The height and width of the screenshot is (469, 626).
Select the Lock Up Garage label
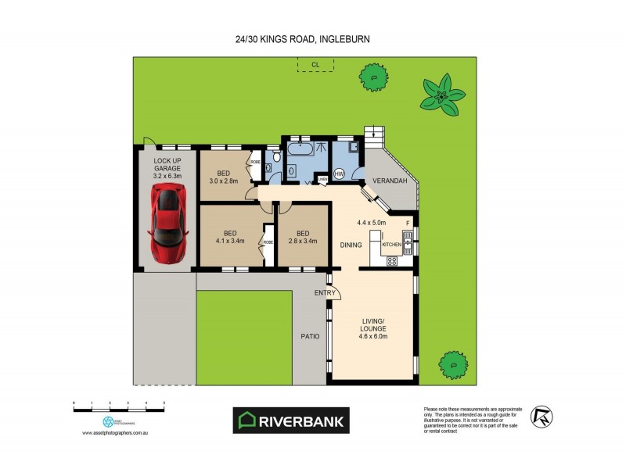[x=166, y=170]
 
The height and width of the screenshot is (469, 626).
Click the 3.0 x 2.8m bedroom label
[x=224, y=176]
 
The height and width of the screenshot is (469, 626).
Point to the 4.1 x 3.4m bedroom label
[x=230, y=237]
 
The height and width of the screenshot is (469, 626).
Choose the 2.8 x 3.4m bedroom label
[x=302, y=237]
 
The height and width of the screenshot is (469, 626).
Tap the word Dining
[x=351, y=245]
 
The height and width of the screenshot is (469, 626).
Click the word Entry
[x=325, y=293]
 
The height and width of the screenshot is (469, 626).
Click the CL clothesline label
[x=315, y=63]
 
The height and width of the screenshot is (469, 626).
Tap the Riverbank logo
[x=293, y=420]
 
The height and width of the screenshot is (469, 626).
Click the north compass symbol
[x=541, y=416]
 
